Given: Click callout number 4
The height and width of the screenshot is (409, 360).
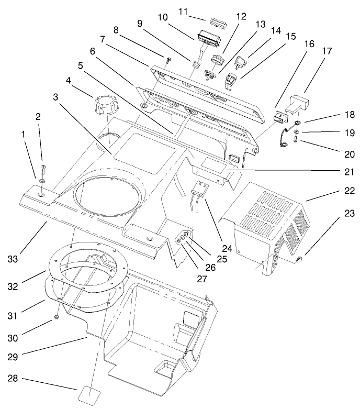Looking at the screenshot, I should [68, 81].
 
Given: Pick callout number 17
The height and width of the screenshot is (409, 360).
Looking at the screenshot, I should [327, 52].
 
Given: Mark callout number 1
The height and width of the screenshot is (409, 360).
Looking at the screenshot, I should [23, 135].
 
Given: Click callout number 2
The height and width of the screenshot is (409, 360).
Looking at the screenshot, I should [38, 117].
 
